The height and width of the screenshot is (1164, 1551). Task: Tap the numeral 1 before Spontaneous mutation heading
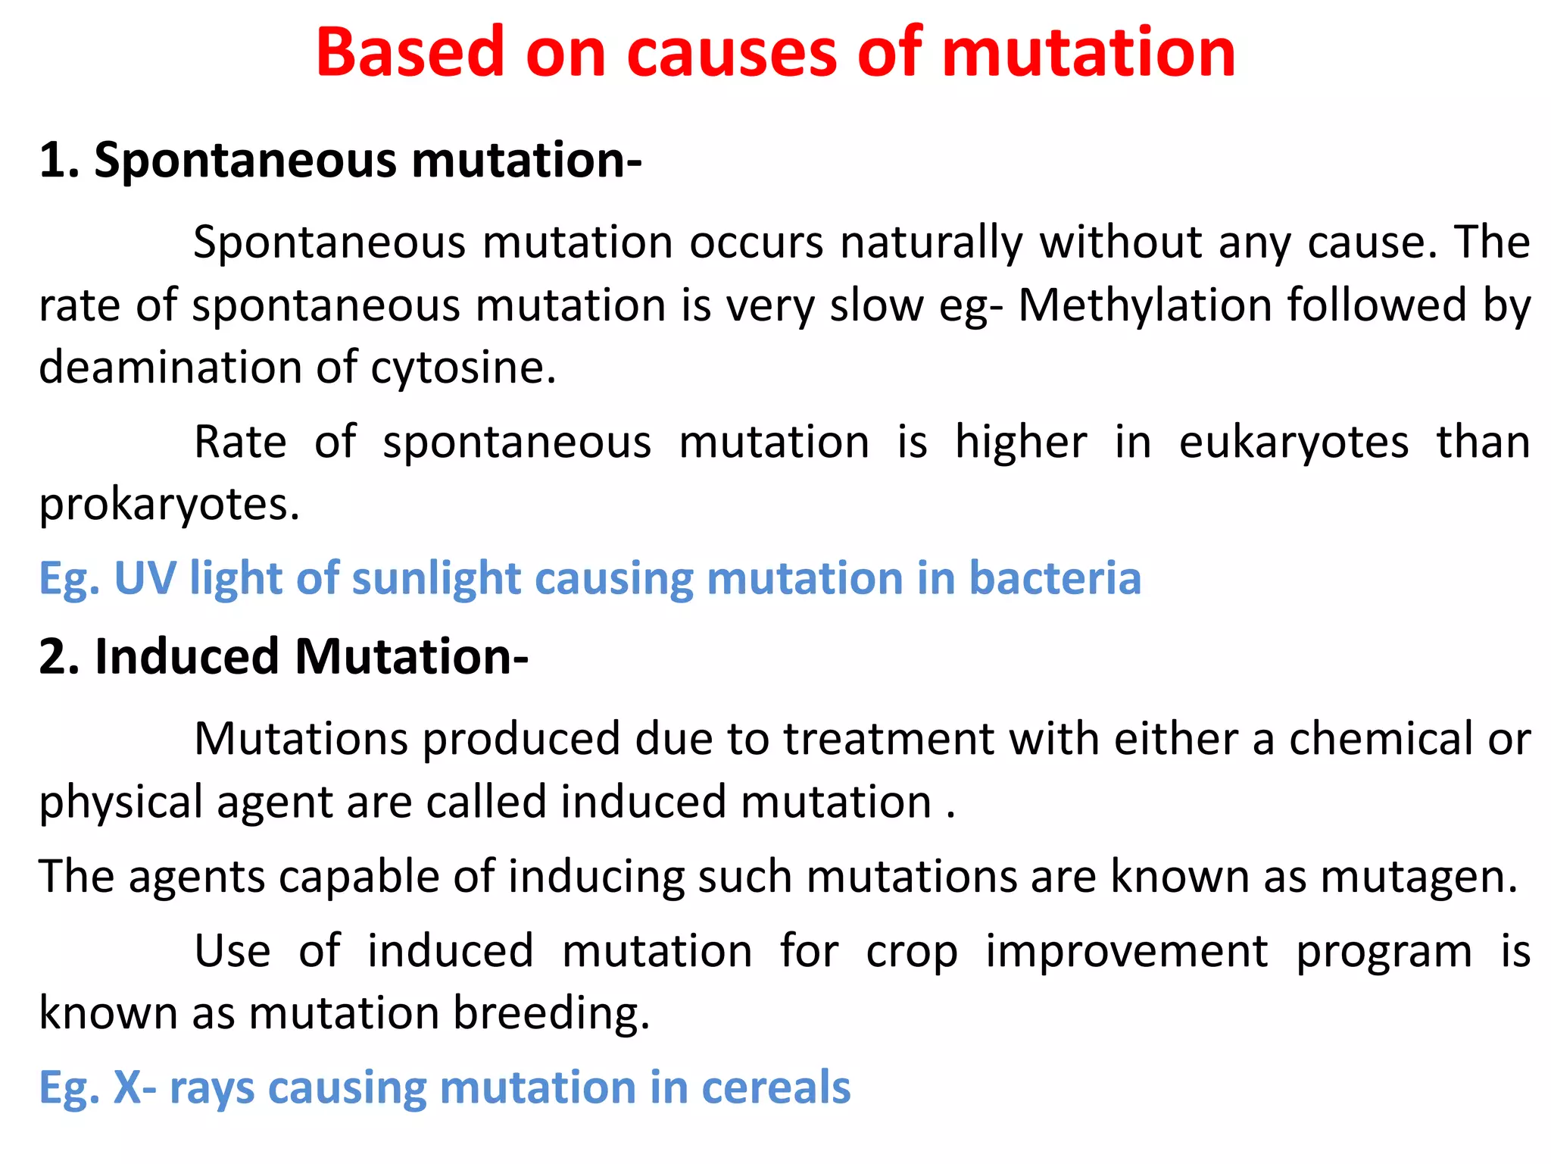pos(53,161)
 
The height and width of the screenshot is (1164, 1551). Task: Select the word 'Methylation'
pos(1144,305)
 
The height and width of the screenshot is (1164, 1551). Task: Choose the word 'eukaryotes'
pos(1294,443)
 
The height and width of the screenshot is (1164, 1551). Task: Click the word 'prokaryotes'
pos(169,504)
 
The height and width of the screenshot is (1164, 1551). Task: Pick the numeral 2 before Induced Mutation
pos(57,656)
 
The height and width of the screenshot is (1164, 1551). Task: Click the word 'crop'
pos(912,952)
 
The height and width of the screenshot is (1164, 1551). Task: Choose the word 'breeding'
pos(551,1014)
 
